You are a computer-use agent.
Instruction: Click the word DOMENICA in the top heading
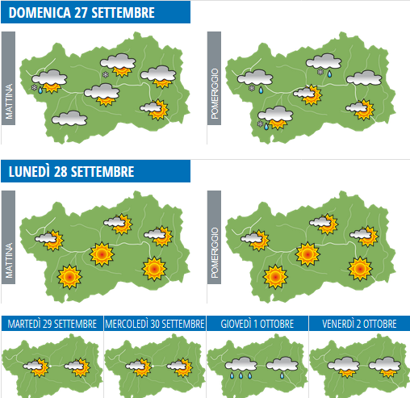coord(40,12)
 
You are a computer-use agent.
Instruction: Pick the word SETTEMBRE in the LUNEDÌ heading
coord(106,171)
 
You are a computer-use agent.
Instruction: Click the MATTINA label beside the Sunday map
coord(9,101)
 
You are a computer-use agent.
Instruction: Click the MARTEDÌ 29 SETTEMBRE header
coord(52,323)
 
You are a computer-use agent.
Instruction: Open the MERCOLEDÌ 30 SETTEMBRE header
coord(154,323)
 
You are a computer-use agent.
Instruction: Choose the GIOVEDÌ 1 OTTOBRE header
coord(257,323)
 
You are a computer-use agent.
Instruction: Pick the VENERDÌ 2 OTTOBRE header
coord(359,323)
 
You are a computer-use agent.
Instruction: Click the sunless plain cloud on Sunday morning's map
coord(69,119)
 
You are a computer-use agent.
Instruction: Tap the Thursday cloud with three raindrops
coord(241,366)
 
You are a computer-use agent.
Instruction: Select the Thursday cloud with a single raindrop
coord(283,366)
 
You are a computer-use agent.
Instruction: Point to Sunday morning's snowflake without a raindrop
coord(105,75)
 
